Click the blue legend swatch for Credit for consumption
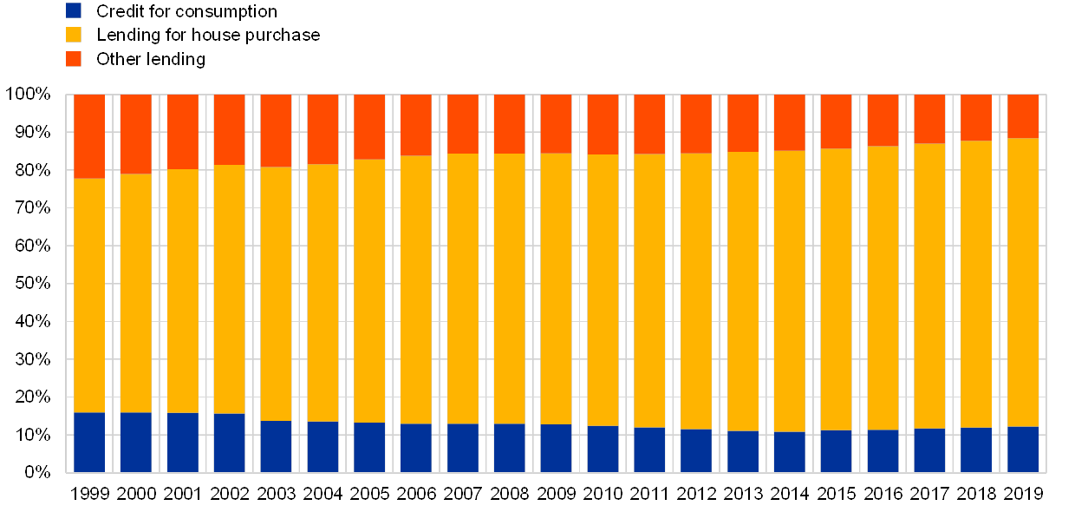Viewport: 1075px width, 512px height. (x=74, y=10)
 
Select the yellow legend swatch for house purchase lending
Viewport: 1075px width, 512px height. (x=74, y=35)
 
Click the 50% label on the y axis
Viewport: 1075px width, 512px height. (x=34, y=284)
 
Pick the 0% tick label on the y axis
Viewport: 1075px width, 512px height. (x=37, y=472)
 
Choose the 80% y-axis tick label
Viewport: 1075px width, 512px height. (x=34, y=170)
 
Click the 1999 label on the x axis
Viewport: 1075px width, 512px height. (x=89, y=493)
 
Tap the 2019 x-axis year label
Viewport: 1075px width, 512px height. (x=1023, y=493)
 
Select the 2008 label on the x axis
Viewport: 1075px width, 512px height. (x=509, y=493)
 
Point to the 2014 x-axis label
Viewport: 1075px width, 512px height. (x=789, y=493)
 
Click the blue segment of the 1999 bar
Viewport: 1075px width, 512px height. (x=89, y=442)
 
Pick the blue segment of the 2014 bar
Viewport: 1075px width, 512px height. (x=789, y=451)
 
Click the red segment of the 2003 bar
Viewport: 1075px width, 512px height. (x=276, y=130)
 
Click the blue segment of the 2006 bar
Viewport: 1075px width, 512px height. (x=416, y=448)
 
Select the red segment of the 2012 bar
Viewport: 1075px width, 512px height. (x=696, y=124)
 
